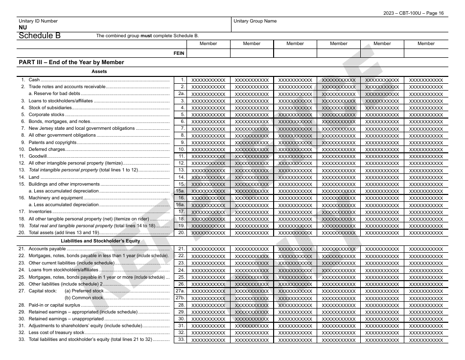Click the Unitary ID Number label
[x=38, y=21]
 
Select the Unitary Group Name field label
[x=255, y=21]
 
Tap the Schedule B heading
[x=40, y=35]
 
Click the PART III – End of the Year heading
[x=71, y=62]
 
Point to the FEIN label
[x=179, y=53]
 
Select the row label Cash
[x=34, y=80]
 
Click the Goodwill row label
[x=38, y=156]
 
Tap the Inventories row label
[x=40, y=212]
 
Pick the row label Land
[x=34, y=177]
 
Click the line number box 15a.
[x=180, y=191]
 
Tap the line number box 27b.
[x=180, y=298]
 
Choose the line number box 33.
[x=181, y=339]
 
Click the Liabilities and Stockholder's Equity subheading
[x=100, y=241]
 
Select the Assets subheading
[x=99, y=72]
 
